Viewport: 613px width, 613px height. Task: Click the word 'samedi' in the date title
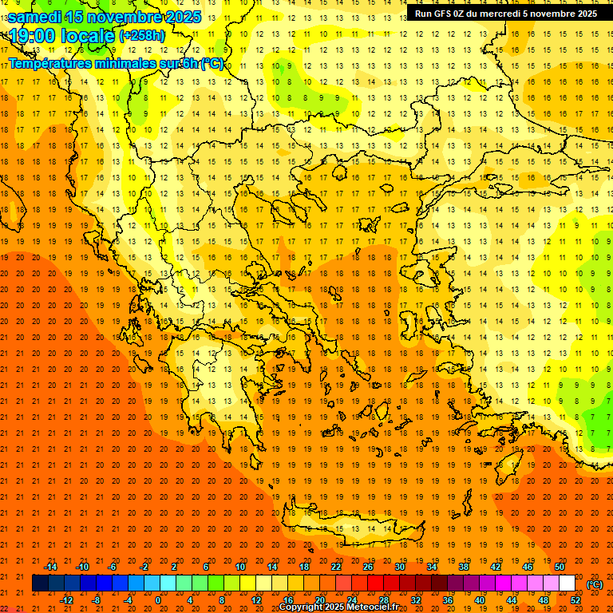point(35,17)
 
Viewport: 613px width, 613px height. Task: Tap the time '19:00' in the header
point(34,36)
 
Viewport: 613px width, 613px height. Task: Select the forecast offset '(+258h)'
point(142,36)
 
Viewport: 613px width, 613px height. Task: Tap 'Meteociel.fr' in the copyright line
point(368,607)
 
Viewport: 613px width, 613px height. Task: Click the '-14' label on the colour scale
point(50,567)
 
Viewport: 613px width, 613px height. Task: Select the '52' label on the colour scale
point(575,600)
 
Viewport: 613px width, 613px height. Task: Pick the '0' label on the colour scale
point(158,600)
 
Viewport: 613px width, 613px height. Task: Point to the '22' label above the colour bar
point(336,567)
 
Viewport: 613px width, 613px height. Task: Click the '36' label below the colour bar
point(448,600)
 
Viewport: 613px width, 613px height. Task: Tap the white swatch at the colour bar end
point(568,583)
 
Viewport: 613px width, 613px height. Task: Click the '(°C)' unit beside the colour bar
point(595,584)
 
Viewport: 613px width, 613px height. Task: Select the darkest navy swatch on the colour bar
point(40,583)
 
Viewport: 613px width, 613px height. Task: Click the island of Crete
point(351,528)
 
